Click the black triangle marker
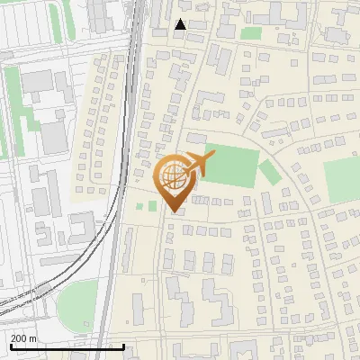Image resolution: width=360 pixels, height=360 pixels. (180, 24)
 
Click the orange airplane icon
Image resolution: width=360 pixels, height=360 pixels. (199, 165)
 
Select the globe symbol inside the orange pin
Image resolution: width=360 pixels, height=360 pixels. (171, 175)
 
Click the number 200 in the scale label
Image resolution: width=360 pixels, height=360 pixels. (19, 337)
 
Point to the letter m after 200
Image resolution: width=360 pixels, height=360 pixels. (33, 337)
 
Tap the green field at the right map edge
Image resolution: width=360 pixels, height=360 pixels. (342, 179)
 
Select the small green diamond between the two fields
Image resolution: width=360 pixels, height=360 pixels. (269, 170)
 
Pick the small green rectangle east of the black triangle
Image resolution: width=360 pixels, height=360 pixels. (251, 33)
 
